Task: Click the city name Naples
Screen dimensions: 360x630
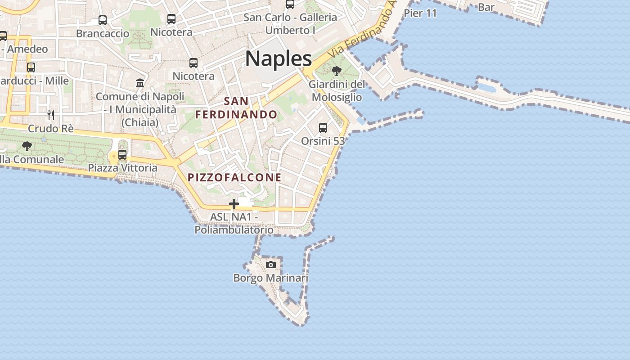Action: pos(279,59)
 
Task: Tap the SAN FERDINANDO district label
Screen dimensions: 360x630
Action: pos(236,108)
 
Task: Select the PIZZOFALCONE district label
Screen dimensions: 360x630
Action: pos(234,177)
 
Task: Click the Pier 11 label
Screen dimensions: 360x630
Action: pos(420,13)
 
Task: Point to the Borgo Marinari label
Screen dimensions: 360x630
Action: pos(271,278)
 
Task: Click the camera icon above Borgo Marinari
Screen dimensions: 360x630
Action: pos(271,265)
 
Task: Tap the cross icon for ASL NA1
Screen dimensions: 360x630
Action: pos(234,204)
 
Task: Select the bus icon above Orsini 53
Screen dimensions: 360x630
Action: pos(323,128)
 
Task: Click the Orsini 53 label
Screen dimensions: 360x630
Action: pos(323,141)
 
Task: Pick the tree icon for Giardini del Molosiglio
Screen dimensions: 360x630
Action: pos(336,71)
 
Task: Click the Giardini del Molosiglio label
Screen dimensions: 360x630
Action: pos(337,90)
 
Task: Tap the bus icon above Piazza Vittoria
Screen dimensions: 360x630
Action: pos(122,155)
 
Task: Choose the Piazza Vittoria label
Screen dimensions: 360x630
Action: pos(123,168)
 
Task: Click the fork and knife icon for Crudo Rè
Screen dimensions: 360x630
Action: pos(51,115)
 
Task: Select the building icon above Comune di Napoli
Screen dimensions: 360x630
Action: pos(140,83)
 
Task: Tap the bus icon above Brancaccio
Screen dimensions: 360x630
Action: pos(103,20)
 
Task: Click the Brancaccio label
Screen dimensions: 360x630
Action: pos(103,33)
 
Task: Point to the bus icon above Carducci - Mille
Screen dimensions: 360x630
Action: pos(31,67)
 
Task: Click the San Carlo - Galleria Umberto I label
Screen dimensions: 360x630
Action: pos(290,24)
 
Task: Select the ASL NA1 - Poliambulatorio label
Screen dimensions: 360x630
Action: pos(234,223)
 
